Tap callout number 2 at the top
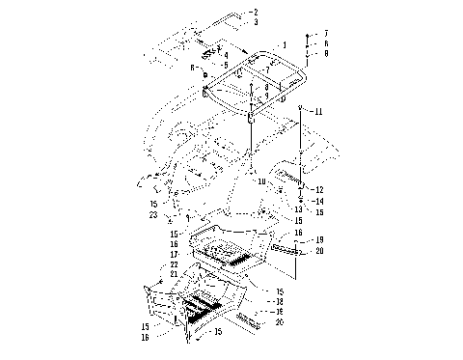256,11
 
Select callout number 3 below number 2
256,20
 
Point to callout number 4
226,55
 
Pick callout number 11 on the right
318,112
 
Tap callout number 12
319,189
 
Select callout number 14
319,201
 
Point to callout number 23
153,215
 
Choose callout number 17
175,255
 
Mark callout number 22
175,264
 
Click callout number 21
175,274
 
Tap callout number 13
299,208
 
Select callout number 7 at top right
326,33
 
